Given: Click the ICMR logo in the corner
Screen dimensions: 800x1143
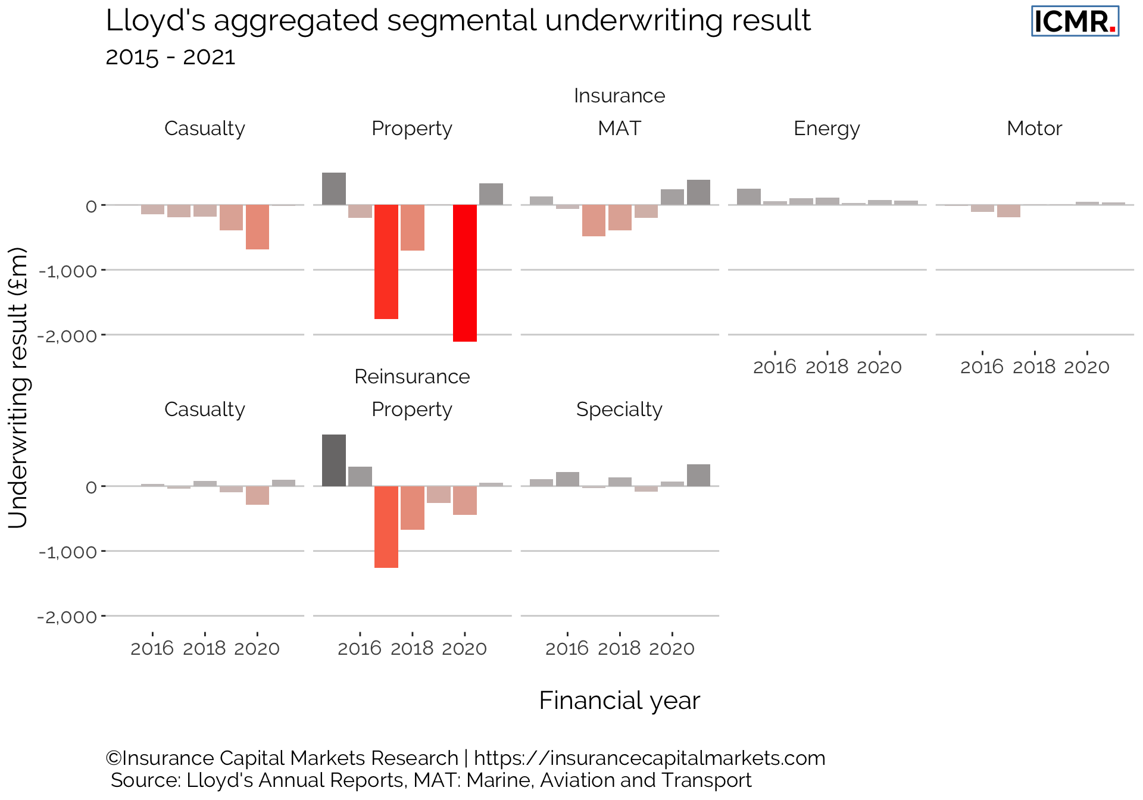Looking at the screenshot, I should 1075,22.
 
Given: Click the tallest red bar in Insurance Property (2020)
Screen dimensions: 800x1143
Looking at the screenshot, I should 464,273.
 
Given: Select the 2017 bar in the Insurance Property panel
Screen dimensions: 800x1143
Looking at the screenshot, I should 386,262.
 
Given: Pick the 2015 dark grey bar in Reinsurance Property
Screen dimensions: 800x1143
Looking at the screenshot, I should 334,460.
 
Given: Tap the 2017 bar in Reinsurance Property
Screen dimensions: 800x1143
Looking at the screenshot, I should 386,527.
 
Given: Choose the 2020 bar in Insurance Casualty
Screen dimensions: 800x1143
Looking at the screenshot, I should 257,227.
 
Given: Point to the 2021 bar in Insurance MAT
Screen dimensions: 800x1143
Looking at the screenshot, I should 698,192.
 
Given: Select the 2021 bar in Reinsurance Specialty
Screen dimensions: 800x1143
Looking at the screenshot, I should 698,475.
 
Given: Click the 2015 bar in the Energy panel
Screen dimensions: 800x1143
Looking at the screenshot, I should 749,196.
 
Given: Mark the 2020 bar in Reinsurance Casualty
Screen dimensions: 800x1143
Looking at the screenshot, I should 257,495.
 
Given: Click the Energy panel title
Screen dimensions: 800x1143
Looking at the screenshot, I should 826,129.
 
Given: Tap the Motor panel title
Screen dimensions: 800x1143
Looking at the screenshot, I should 1034,129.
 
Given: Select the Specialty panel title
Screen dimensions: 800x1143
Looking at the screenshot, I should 619,410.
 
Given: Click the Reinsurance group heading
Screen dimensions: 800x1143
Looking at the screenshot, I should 412,377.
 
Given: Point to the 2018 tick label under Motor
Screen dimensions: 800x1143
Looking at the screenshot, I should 1035,367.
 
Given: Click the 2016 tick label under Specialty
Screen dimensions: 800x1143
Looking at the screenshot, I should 567,648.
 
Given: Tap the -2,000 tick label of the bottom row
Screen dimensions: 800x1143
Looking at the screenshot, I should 67,617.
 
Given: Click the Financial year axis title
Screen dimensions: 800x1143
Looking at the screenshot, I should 619,701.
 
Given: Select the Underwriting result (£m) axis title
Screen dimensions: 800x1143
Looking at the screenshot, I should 18,387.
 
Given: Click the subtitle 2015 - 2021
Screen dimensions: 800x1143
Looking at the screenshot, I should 170,57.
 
